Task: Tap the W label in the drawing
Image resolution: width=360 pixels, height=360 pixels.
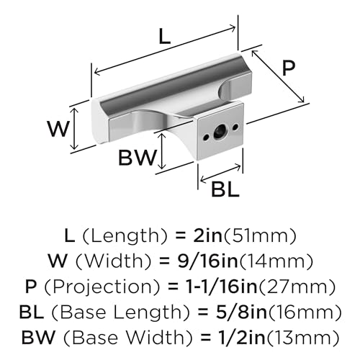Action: click(60, 130)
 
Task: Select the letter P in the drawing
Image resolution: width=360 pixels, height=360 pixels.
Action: click(289, 68)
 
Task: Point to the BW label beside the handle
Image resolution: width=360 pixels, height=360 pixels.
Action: click(138, 158)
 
